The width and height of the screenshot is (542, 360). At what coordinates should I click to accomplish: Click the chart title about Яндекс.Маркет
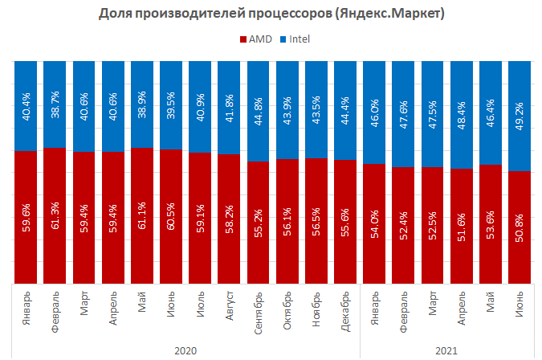point(271,14)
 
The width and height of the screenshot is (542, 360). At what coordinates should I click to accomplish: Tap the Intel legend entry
point(293,39)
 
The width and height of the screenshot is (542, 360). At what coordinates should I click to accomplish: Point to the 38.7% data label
point(55,104)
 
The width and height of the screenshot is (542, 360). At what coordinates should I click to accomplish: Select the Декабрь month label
point(345,313)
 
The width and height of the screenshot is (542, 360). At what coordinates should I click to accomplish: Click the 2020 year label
point(185,350)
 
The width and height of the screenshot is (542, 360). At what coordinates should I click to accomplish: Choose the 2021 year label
point(447,350)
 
